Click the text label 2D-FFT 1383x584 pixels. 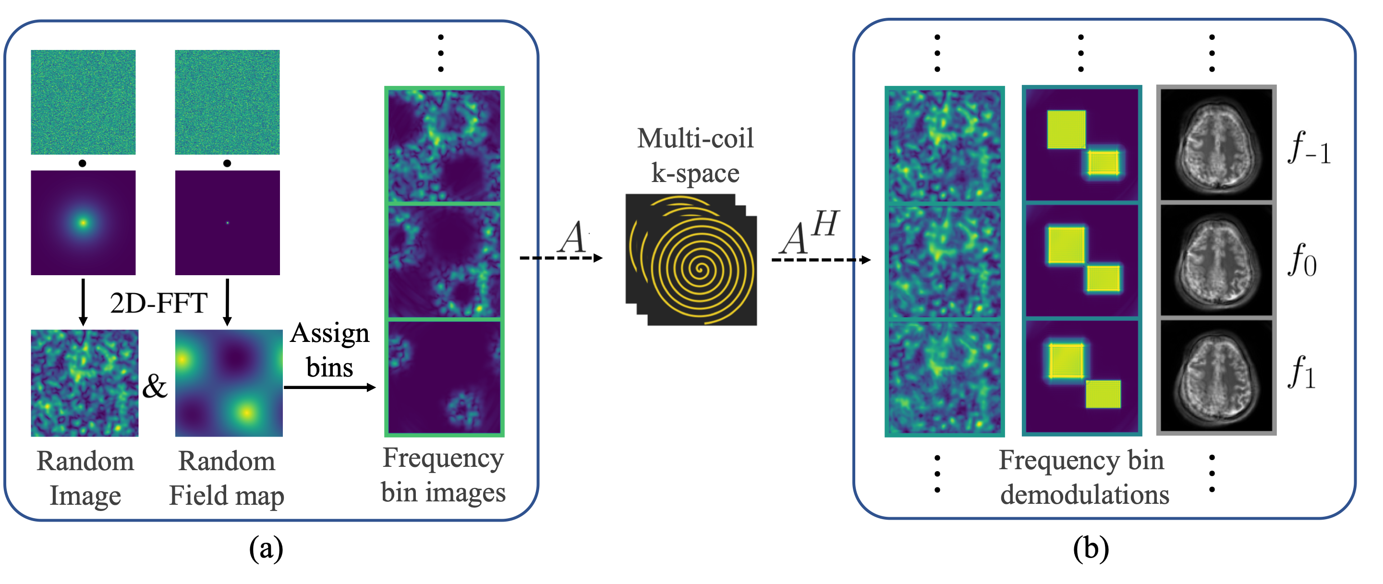[158, 303]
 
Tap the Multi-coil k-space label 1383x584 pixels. [695, 156]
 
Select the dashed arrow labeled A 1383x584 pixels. [561, 258]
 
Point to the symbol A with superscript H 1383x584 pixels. [809, 233]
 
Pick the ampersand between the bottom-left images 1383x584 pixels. [155, 386]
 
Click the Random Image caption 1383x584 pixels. [85, 478]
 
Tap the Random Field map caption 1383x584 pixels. [227, 478]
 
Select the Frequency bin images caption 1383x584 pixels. [443, 475]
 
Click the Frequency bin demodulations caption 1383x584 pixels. [1083, 476]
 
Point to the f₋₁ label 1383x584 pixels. [1309, 147]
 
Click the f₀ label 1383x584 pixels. [1302, 260]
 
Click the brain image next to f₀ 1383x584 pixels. [1216, 260]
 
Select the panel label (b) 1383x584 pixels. [1091, 548]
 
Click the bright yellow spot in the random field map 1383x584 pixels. [246, 412]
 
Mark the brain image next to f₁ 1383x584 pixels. [1216, 376]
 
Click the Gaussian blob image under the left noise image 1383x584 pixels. [83, 223]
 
